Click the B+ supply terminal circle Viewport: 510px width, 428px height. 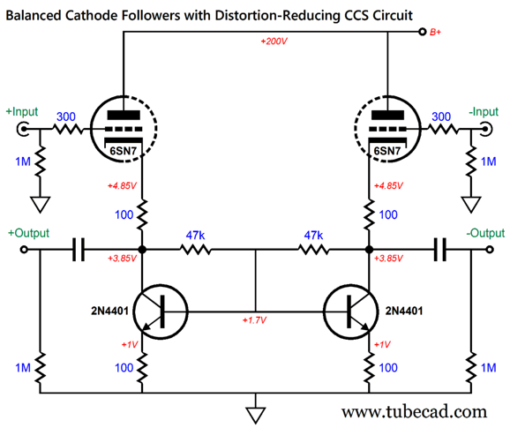[x=422, y=32]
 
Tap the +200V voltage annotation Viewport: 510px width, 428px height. [x=274, y=41]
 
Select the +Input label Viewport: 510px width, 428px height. [x=22, y=112]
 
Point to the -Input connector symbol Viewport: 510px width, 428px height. [x=486, y=129]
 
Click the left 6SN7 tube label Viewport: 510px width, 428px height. [x=123, y=151]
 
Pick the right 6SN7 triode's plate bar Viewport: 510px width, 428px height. [x=387, y=115]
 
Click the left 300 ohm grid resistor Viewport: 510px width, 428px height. [x=68, y=129]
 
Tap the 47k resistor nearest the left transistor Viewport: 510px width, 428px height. [x=195, y=250]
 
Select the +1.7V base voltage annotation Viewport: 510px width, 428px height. [x=254, y=320]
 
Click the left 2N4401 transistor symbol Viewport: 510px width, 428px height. [x=161, y=312]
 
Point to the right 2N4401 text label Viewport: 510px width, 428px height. [x=404, y=311]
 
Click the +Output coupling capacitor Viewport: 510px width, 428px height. [x=78, y=250]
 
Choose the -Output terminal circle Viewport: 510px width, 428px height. [x=490, y=250]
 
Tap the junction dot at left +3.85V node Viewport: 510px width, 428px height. [x=142, y=250]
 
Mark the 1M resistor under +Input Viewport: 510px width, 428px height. [x=41, y=161]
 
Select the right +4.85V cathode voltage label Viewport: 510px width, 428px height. [x=388, y=186]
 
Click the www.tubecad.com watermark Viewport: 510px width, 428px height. [x=414, y=412]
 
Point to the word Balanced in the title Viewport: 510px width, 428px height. [x=34, y=15]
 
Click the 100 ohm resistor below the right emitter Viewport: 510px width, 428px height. [x=369, y=367]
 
